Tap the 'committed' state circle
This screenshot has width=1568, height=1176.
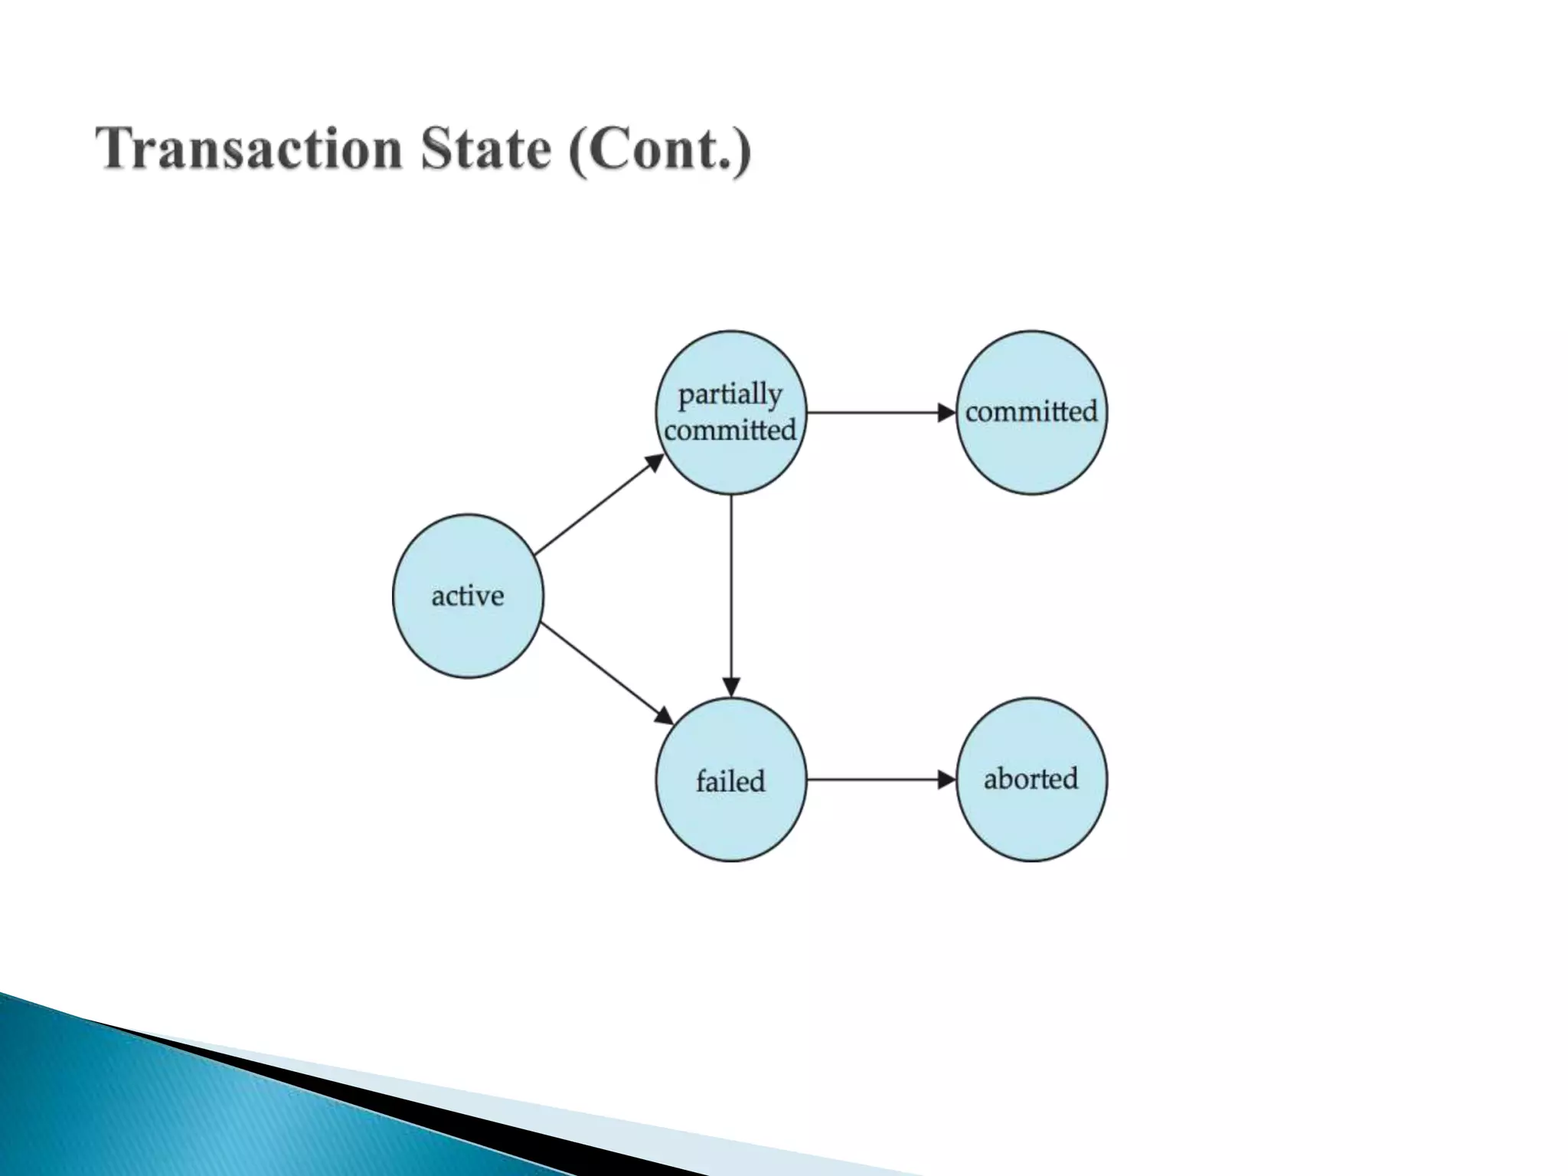1031,452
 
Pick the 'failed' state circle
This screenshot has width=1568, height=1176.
731,819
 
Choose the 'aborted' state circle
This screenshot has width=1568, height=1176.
1031,819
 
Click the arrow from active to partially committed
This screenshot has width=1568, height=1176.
597,505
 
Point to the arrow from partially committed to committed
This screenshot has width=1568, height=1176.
873,413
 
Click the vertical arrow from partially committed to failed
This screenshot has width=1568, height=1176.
731,590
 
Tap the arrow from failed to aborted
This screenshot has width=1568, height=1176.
873,779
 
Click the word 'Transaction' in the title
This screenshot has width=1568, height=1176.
249,149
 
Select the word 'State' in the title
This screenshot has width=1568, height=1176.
485,149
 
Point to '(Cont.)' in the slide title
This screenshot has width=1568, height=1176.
660,151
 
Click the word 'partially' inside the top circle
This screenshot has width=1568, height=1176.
730,395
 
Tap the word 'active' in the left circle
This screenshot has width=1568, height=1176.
468,596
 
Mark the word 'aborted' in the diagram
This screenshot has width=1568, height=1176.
1031,779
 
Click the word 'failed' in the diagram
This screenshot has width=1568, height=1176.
730,781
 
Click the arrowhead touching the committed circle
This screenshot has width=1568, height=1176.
947,413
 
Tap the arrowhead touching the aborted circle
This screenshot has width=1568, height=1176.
947,779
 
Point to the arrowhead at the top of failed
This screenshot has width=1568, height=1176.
731,687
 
